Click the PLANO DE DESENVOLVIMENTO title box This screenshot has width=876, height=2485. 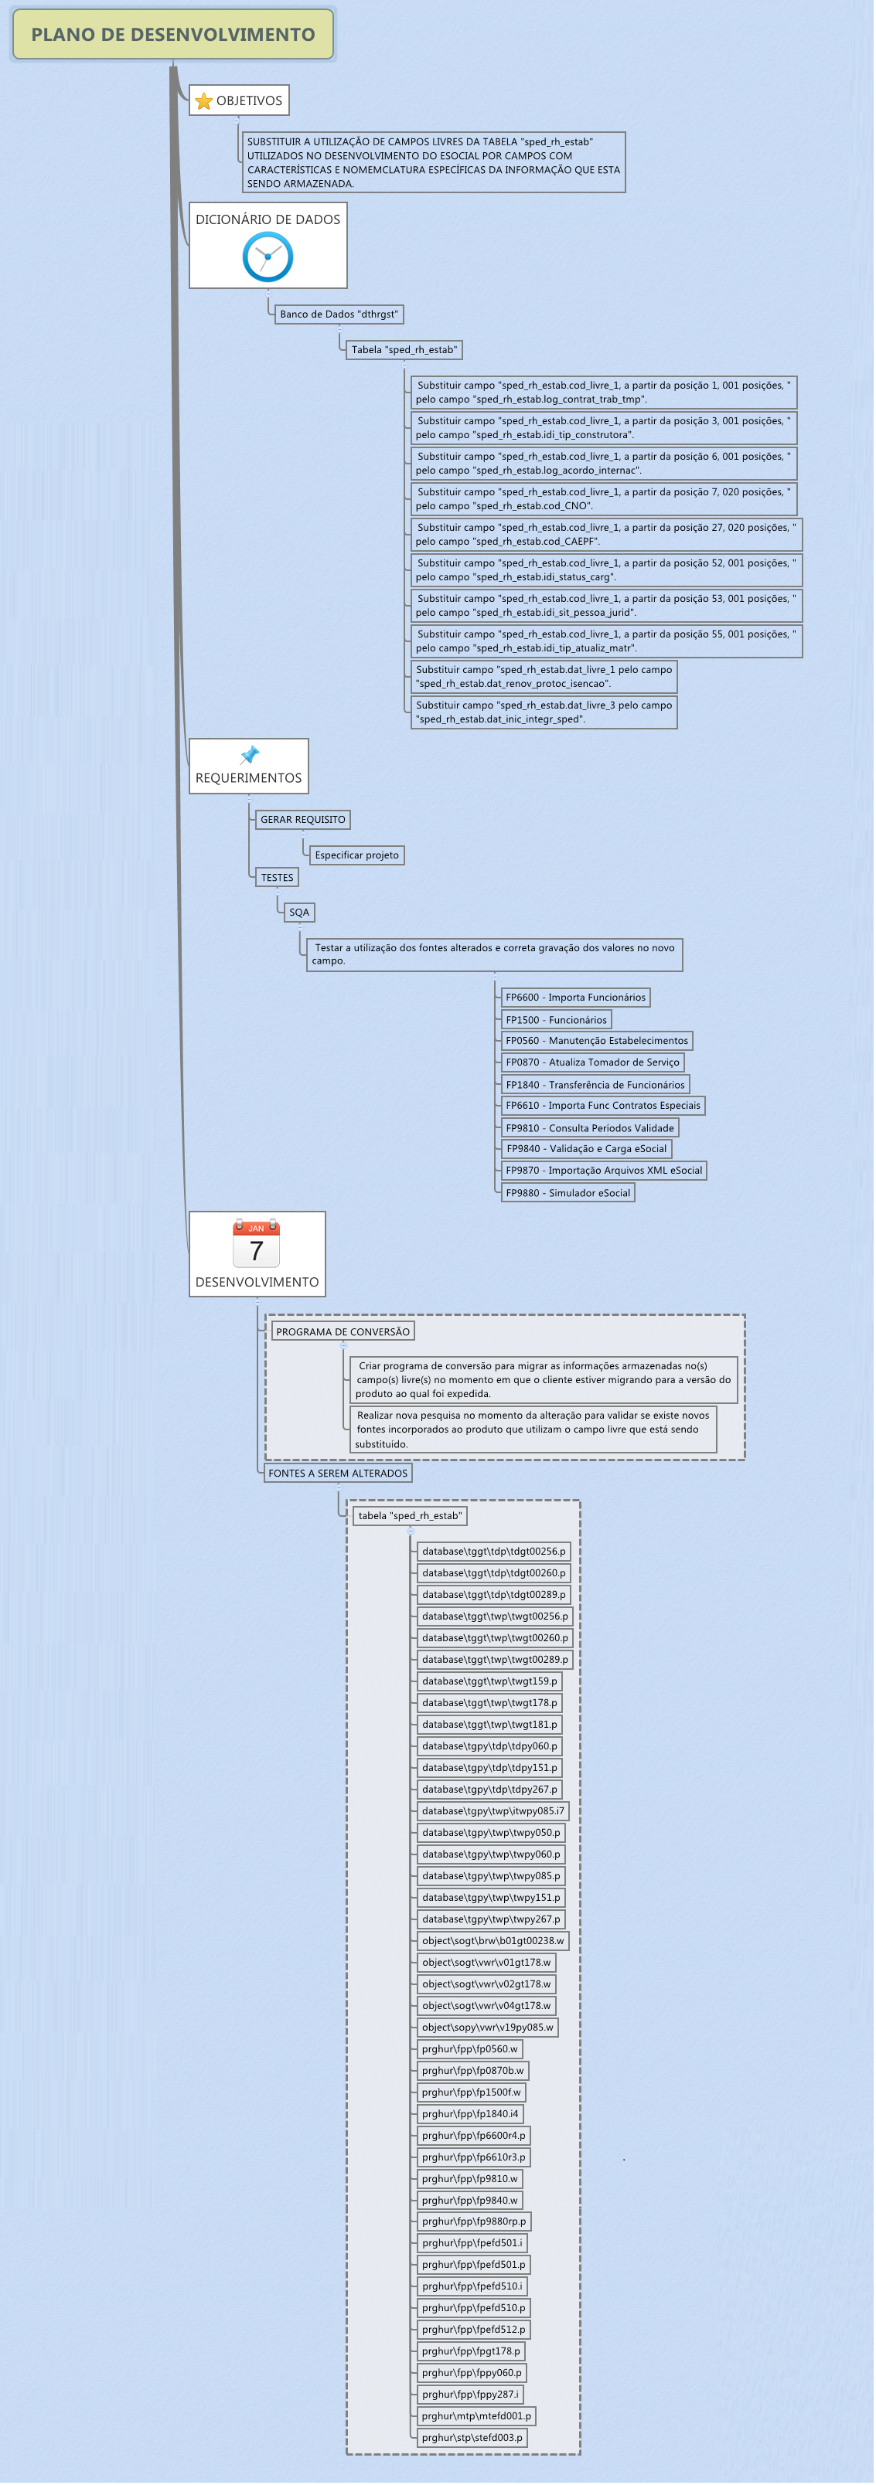[x=172, y=35]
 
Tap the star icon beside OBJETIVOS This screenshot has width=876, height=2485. [x=203, y=101]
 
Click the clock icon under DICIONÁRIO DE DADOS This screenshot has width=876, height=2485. [x=268, y=257]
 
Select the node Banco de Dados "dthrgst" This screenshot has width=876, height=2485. [x=339, y=314]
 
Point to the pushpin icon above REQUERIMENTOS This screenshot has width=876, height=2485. [x=249, y=754]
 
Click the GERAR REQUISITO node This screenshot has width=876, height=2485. [x=302, y=820]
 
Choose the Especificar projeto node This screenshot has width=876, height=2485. [x=356, y=855]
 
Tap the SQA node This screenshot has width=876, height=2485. [x=299, y=913]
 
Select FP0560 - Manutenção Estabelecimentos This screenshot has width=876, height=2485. [x=596, y=1041]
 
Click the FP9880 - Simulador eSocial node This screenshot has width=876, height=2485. [x=568, y=1193]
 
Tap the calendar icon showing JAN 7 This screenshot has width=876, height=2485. [x=257, y=1244]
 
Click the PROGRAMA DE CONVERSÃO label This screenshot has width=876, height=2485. [x=343, y=1332]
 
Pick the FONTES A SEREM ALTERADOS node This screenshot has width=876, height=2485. [x=338, y=1474]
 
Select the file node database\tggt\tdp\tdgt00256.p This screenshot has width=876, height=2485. [x=493, y=1552]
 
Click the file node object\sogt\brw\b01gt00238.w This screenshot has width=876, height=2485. [x=492, y=1941]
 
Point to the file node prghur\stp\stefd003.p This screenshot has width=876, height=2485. [x=472, y=2438]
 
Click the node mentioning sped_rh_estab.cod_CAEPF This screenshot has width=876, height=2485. [x=606, y=535]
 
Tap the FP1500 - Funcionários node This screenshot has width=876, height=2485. [x=556, y=1021]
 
